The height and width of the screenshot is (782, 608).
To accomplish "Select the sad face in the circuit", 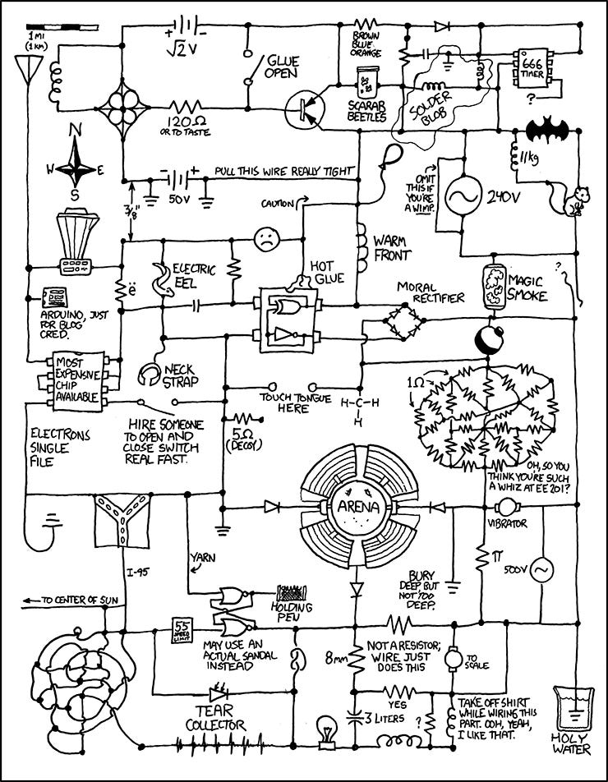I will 263,240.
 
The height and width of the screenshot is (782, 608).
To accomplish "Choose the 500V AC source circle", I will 541,568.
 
